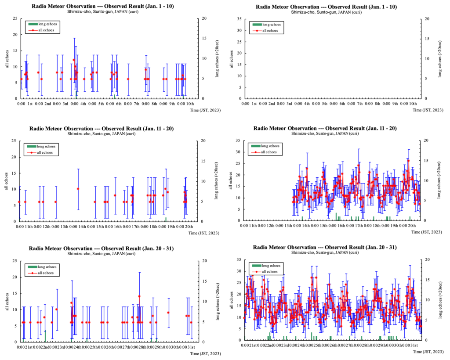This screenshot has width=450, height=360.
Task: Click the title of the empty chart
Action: [325, 7]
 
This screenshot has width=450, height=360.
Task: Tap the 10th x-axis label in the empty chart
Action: [413, 103]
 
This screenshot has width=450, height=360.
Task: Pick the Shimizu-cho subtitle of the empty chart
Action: [325, 12]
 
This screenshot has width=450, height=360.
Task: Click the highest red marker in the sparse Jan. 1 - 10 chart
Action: [74, 60]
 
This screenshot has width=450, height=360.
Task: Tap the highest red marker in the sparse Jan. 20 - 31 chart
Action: [139, 296]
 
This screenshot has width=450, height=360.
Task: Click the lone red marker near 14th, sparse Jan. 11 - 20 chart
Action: [78, 189]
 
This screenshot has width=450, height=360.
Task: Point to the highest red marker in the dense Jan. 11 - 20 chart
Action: [408, 161]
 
